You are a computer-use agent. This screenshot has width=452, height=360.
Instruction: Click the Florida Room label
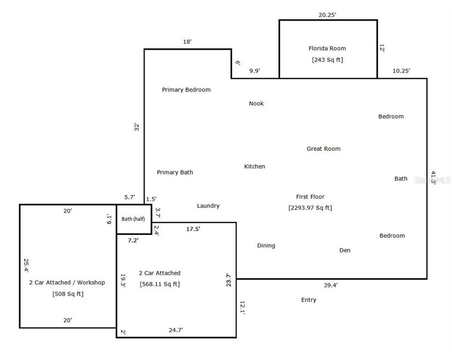click(x=327, y=48)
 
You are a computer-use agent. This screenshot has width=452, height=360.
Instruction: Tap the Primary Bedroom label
click(x=186, y=89)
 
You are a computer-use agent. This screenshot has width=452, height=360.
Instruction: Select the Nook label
click(x=256, y=103)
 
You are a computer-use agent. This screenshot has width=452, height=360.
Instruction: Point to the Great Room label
click(x=323, y=148)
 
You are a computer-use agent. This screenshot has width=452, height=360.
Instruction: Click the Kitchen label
click(x=254, y=166)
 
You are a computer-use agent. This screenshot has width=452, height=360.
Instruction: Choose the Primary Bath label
click(x=175, y=172)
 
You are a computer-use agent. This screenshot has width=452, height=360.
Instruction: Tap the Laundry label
click(x=208, y=206)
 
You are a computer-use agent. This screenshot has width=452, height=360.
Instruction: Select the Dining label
click(x=266, y=245)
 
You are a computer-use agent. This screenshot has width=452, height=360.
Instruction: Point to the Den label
click(x=345, y=250)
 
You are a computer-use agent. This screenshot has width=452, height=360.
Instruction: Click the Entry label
click(x=308, y=300)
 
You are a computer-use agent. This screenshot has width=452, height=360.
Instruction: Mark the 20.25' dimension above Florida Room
click(x=327, y=15)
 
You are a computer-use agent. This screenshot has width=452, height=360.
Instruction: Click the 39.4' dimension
click(x=330, y=285)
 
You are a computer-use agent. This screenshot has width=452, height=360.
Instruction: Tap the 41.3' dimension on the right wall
click(x=433, y=177)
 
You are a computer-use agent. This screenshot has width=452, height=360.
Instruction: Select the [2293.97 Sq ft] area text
click(x=310, y=208)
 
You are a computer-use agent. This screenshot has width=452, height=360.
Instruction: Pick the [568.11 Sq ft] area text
click(x=159, y=284)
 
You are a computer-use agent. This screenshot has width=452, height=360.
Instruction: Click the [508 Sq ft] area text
click(x=68, y=294)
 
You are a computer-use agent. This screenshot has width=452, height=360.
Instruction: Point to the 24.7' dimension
click(x=176, y=330)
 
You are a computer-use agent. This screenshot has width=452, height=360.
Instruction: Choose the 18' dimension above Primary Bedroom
click(x=187, y=42)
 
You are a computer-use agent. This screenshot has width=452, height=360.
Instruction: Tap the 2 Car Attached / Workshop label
click(x=67, y=282)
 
